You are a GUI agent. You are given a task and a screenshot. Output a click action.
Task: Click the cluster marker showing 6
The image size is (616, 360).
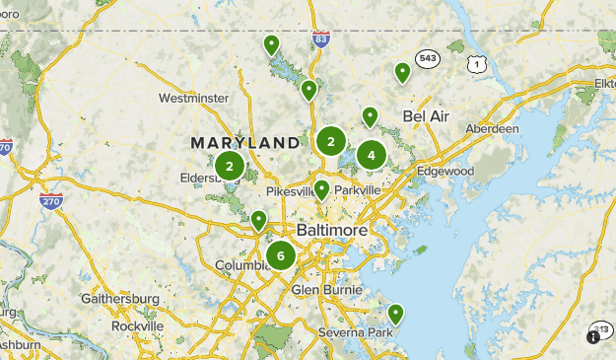(x=281, y=256)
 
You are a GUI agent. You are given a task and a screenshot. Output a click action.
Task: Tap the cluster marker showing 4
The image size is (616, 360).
(x=372, y=155)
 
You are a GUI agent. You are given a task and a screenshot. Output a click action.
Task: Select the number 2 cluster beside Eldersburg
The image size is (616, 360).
(x=230, y=167)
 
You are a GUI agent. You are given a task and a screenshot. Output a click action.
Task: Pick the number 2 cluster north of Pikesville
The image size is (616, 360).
(x=331, y=141)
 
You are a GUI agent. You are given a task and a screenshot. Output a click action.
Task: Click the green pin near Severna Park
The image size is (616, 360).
(x=395, y=315)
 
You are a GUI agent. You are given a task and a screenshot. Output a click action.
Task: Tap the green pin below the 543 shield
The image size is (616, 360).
(x=402, y=72)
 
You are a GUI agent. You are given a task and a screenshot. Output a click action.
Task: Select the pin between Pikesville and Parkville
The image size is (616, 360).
(x=321, y=189)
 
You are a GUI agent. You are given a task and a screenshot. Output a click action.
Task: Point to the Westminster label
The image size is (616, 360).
(x=193, y=99)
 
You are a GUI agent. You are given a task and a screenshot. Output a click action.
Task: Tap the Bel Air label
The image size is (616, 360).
(x=426, y=116)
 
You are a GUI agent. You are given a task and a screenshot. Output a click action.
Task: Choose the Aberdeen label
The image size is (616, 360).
(x=494, y=129)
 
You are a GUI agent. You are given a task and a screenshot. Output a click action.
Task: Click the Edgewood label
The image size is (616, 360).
(x=445, y=171)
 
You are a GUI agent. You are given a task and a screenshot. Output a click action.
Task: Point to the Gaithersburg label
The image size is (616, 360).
(x=119, y=298)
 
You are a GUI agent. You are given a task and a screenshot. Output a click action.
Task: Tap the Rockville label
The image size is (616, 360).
(x=137, y=325)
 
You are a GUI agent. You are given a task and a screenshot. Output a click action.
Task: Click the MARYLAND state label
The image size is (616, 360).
(x=245, y=143)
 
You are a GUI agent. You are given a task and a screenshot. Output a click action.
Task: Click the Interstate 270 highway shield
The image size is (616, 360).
(x=51, y=200)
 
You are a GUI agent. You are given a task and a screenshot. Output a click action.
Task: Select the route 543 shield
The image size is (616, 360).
(x=427, y=56)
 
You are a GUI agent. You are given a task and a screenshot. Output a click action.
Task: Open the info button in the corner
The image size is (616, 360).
(x=593, y=336)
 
